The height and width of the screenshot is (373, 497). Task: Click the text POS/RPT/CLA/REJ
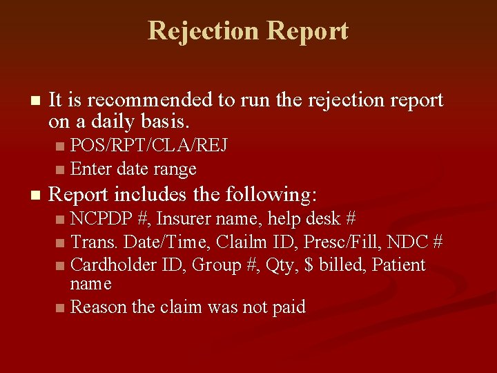coord(149,146)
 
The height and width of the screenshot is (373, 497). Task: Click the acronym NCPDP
coord(102,219)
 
